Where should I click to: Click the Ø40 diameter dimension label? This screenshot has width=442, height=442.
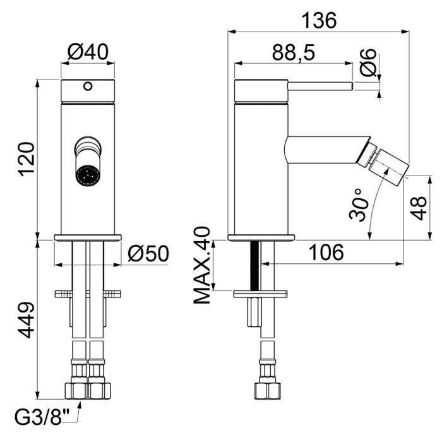click(x=88, y=52)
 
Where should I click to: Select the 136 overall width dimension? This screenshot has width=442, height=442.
click(x=319, y=20)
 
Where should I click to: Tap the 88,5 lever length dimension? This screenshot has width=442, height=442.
click(x=294, y=52)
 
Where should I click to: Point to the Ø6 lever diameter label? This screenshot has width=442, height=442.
click(x=368, y=63)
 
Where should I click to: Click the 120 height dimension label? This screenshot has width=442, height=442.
click(x=27, y=159)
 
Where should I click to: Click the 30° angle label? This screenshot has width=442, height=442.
click(x=358, y=205)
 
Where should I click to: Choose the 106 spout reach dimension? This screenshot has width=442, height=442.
click(x=326, y=253)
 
